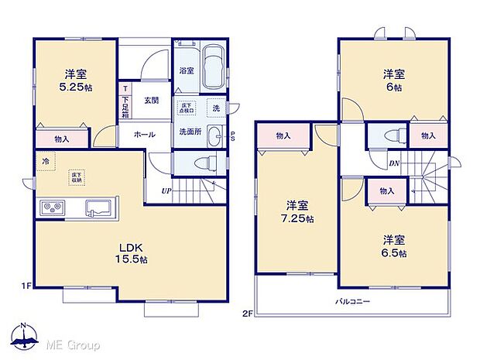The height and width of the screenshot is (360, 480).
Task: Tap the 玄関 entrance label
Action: coord(151,101)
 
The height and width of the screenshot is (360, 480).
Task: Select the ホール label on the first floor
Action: coord(144,134)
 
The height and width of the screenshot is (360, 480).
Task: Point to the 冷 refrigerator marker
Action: coord(44,161)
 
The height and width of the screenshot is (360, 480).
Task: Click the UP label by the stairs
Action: coord(166,190)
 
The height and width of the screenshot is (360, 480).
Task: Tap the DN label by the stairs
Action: coord(394,163)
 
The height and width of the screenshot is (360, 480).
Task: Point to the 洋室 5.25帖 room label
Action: coord(75,81)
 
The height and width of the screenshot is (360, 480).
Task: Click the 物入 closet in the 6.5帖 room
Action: coord(386,190)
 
